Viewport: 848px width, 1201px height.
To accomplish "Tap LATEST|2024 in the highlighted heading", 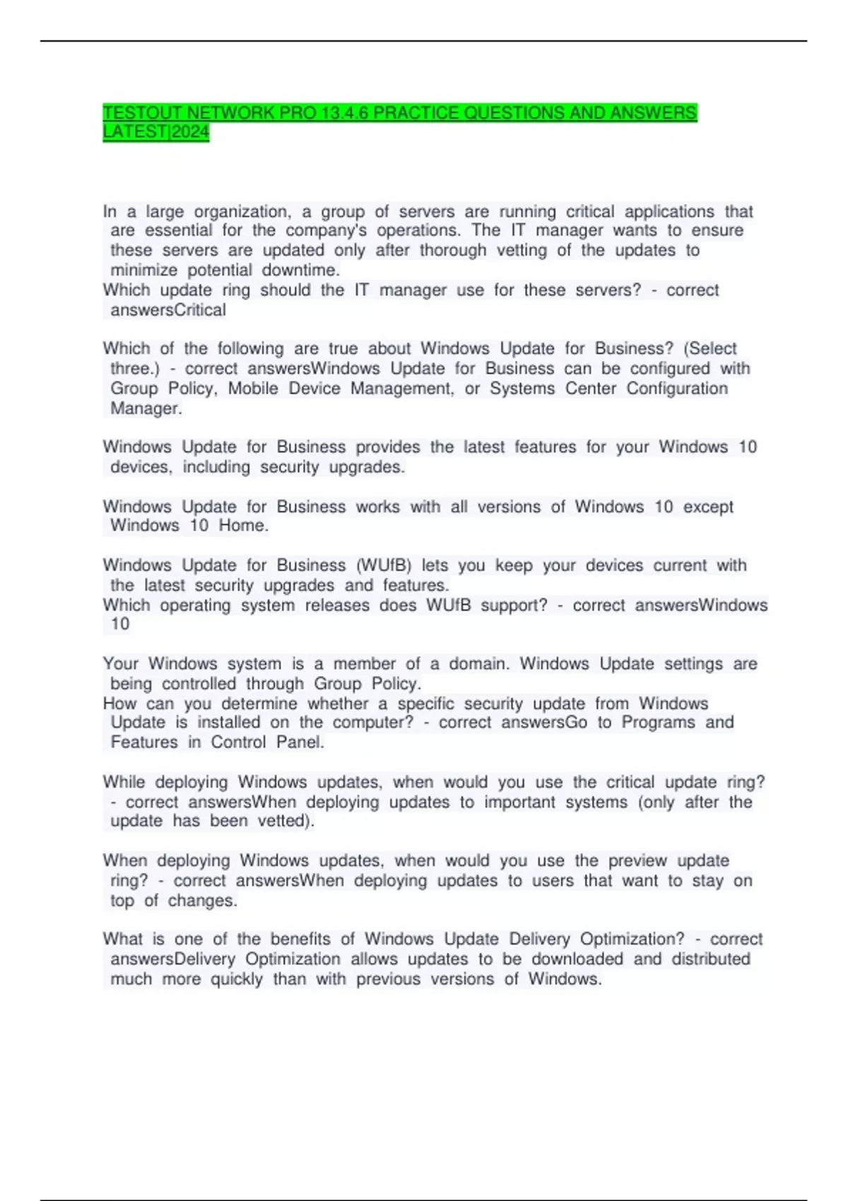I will click(156, 132).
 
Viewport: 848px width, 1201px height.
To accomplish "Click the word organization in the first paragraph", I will click(242, 211).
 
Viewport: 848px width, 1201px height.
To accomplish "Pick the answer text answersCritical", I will click(168, 310).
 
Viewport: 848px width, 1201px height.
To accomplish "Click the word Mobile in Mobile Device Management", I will click(253, 389).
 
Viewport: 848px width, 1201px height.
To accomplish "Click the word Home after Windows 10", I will click(243, 526).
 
